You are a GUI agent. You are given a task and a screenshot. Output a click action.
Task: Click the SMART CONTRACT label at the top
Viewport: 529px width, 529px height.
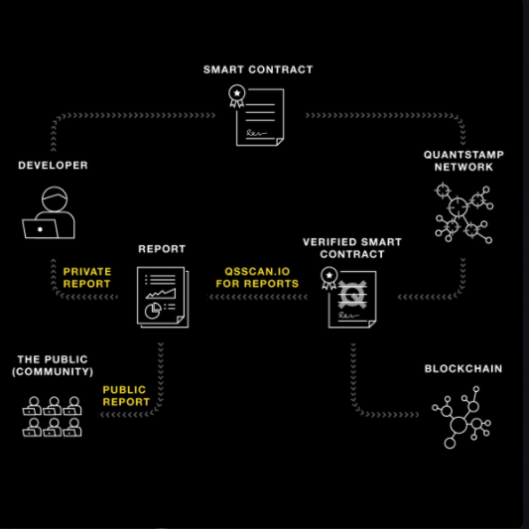258,69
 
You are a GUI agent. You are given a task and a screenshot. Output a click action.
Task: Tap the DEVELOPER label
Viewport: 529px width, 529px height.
53,166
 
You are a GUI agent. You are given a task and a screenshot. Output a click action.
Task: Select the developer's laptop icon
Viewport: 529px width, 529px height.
41,228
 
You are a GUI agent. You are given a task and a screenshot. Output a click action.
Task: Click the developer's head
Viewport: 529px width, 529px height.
55,199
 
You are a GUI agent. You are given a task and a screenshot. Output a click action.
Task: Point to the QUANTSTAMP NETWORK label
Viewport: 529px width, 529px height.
463,161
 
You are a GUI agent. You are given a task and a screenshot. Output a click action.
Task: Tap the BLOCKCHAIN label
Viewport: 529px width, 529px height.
463,369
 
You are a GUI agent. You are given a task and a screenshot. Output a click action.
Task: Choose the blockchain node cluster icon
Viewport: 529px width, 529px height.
462,417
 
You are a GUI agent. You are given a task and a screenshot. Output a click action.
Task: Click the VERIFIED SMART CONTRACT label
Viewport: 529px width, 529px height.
352,248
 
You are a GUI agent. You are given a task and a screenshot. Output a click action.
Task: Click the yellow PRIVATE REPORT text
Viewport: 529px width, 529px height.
87,278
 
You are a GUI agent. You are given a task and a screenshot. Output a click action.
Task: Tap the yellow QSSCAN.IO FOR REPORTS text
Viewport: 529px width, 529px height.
257,278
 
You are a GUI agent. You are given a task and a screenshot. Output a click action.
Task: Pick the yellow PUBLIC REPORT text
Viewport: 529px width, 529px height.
126,396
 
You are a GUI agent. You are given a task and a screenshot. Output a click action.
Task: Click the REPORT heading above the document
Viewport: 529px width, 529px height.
162,249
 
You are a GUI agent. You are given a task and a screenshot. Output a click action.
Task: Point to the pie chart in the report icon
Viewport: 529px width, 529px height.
153,311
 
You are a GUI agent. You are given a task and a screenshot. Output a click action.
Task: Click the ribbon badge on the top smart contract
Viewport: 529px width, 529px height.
237,96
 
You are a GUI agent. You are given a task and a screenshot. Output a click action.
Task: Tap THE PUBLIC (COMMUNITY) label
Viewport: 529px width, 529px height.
53,365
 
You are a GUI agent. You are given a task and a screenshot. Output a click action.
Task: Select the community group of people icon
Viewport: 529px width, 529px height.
52,416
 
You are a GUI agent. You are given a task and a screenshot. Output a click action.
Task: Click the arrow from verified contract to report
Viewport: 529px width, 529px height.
257,297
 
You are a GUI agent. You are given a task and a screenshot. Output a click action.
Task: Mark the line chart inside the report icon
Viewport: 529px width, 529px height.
161,294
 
